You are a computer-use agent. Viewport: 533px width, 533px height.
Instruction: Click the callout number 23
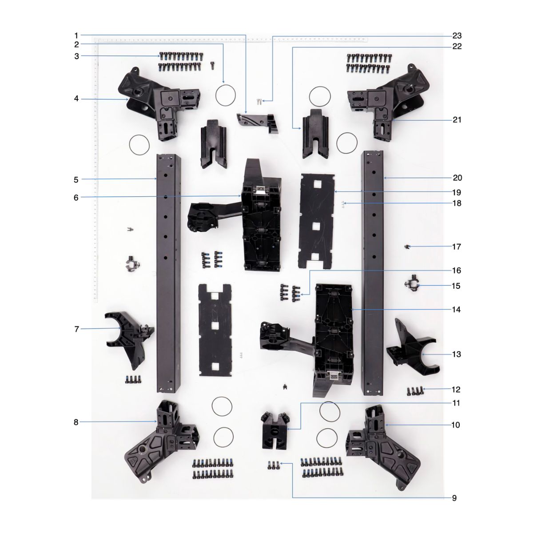457,36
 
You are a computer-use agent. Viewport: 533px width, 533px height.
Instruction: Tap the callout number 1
76,36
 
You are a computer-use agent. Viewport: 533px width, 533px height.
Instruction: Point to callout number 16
457,270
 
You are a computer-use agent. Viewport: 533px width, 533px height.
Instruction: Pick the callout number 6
76,198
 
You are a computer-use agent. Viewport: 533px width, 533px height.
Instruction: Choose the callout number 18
457,203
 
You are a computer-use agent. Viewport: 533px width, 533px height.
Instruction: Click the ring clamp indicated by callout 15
413,283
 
